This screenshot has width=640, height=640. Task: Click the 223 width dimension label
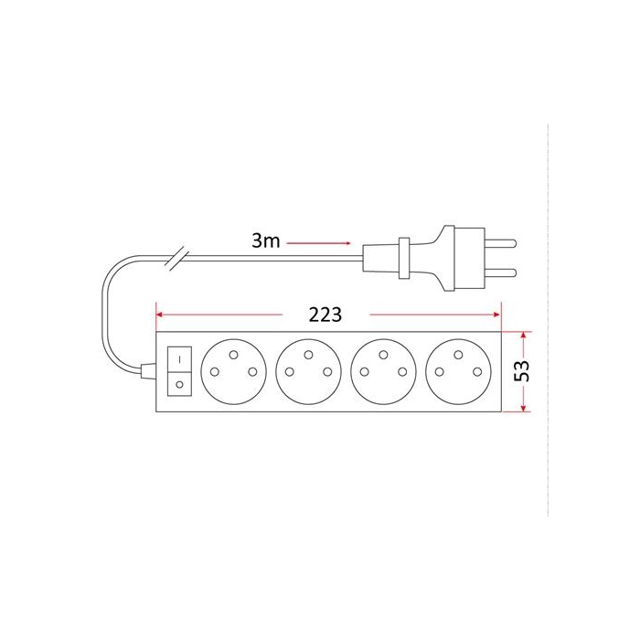(325, 315)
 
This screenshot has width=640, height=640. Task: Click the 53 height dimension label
(522, 370)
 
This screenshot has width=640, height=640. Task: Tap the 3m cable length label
(266, 240)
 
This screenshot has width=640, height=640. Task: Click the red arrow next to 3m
(318, 243)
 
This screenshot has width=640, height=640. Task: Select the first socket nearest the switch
(233, 371)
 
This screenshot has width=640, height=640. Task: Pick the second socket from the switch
(309, 371)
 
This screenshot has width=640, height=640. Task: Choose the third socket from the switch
(383, 371)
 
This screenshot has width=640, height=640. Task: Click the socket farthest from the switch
(458, 371)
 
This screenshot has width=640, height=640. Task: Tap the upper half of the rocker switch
(179, 359)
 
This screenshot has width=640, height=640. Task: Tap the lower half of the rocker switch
(179, 384)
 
